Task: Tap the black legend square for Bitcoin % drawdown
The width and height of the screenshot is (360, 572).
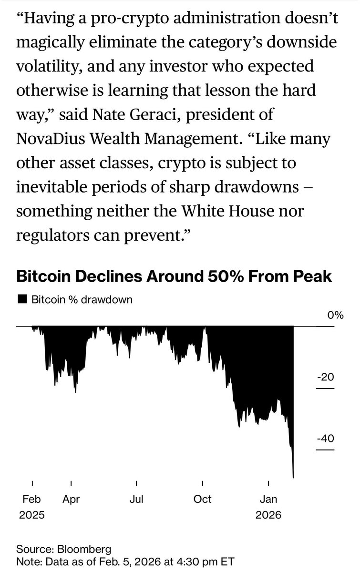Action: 21,300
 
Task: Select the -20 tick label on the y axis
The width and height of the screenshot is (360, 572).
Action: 326,378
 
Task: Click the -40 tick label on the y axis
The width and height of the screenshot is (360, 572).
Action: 326,439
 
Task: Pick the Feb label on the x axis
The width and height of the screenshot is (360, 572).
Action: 32,500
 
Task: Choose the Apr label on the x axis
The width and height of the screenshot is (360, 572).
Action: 71,500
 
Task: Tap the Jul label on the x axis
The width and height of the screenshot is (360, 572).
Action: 136,500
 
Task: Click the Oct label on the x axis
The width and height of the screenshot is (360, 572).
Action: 203,500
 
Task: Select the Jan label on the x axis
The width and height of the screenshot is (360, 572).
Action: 269,500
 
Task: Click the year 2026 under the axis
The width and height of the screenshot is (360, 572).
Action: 269,515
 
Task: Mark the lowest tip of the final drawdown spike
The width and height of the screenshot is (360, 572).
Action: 293,477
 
